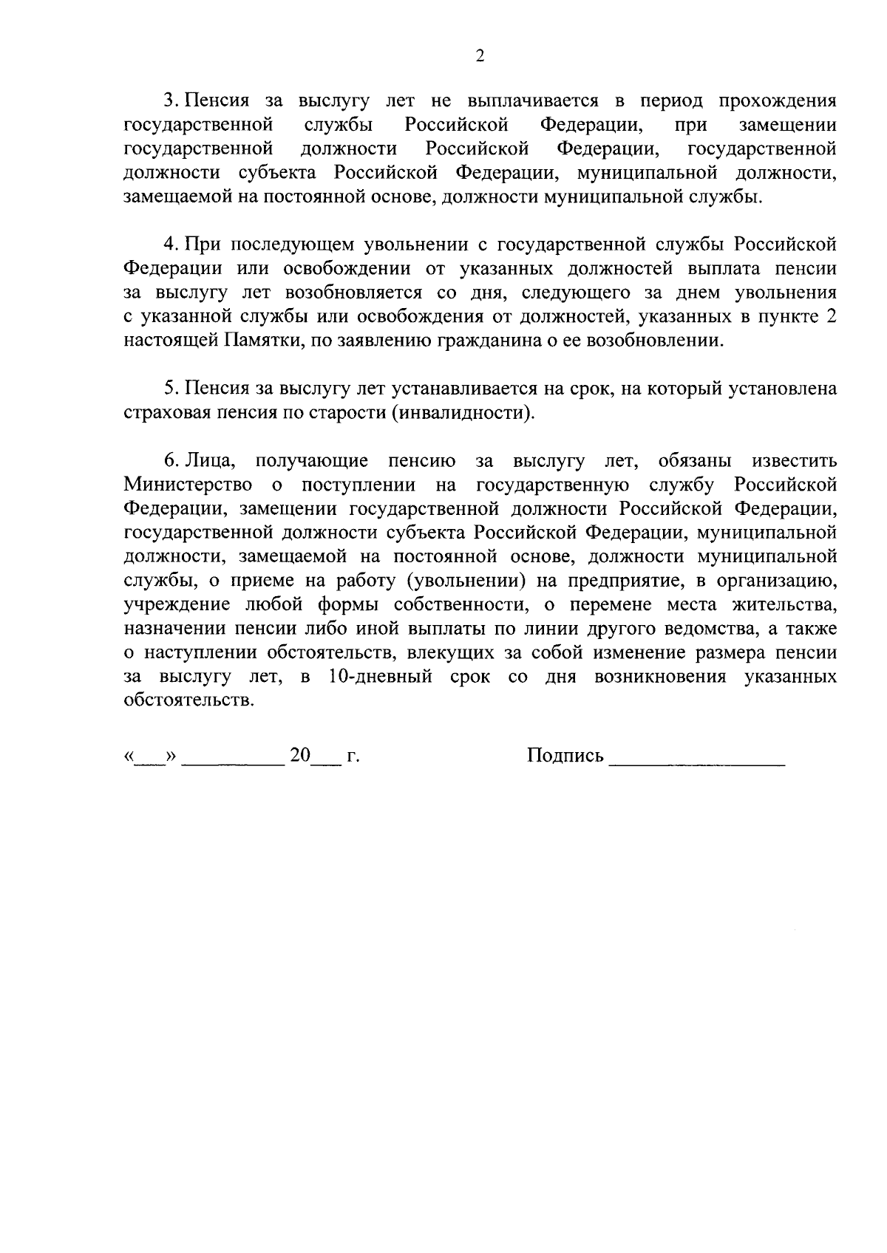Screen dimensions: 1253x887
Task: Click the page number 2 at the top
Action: (480, 57)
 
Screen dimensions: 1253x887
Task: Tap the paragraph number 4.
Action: (169, 244)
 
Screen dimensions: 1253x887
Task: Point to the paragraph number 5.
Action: (169, 389)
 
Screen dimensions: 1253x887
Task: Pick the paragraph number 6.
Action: (169, 461)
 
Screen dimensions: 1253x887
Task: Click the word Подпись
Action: (565, 756)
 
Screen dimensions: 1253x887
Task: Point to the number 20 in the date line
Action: (301, 755)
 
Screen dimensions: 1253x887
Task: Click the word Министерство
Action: (188, 485)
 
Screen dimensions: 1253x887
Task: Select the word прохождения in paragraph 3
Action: (778, 101)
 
